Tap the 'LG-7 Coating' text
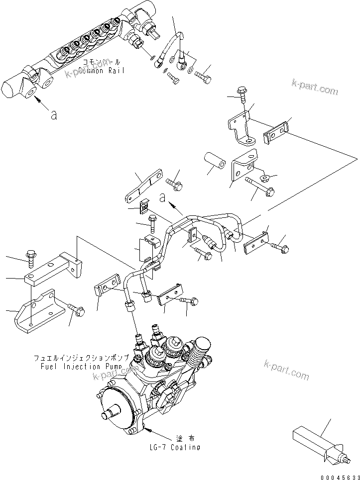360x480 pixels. [x=175, y=447]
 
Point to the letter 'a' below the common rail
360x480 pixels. [x=54, y=115]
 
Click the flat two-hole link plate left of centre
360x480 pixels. [x=144, y=186]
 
